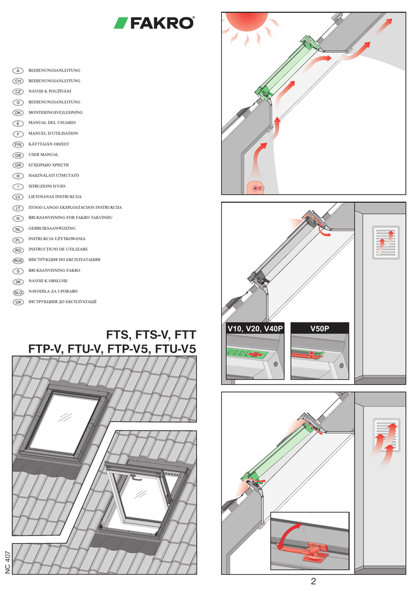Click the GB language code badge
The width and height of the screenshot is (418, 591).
pos(18,155)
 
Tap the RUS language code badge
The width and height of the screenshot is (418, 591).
pos(18,261)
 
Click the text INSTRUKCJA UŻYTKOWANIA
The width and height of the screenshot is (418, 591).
pos(57,239)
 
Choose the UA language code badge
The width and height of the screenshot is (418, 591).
pos(18,302)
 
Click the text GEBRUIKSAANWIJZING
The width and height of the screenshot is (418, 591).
pos(53,229)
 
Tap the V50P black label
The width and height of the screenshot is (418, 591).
pos(319,328)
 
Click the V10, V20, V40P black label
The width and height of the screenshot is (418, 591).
pos(255,328)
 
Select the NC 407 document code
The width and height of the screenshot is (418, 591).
pos(8,556)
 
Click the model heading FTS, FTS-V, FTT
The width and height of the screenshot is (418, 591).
pos(151,335)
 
